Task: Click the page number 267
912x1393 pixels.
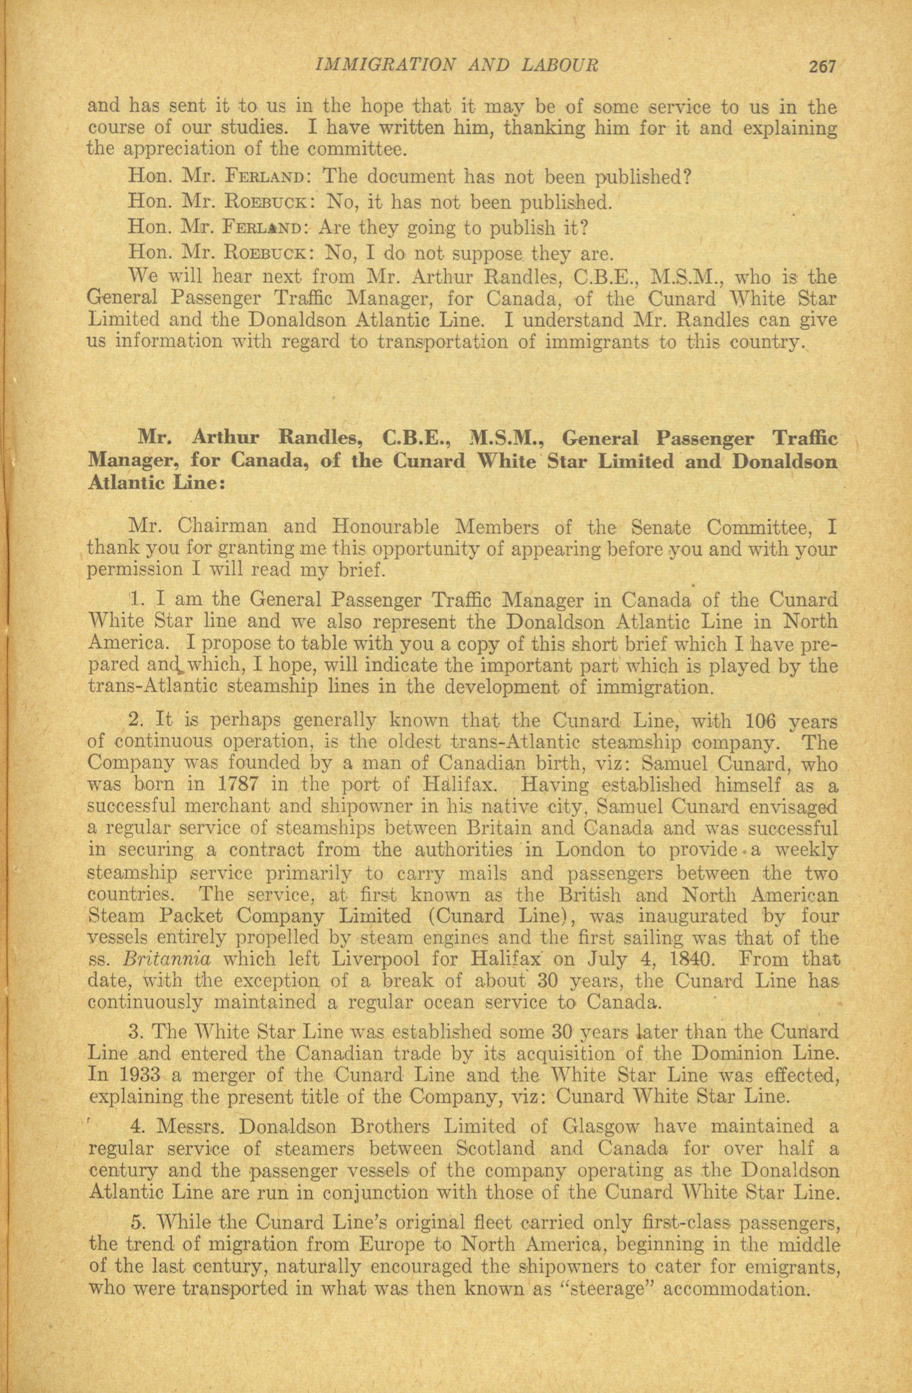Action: click(824, 66)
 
